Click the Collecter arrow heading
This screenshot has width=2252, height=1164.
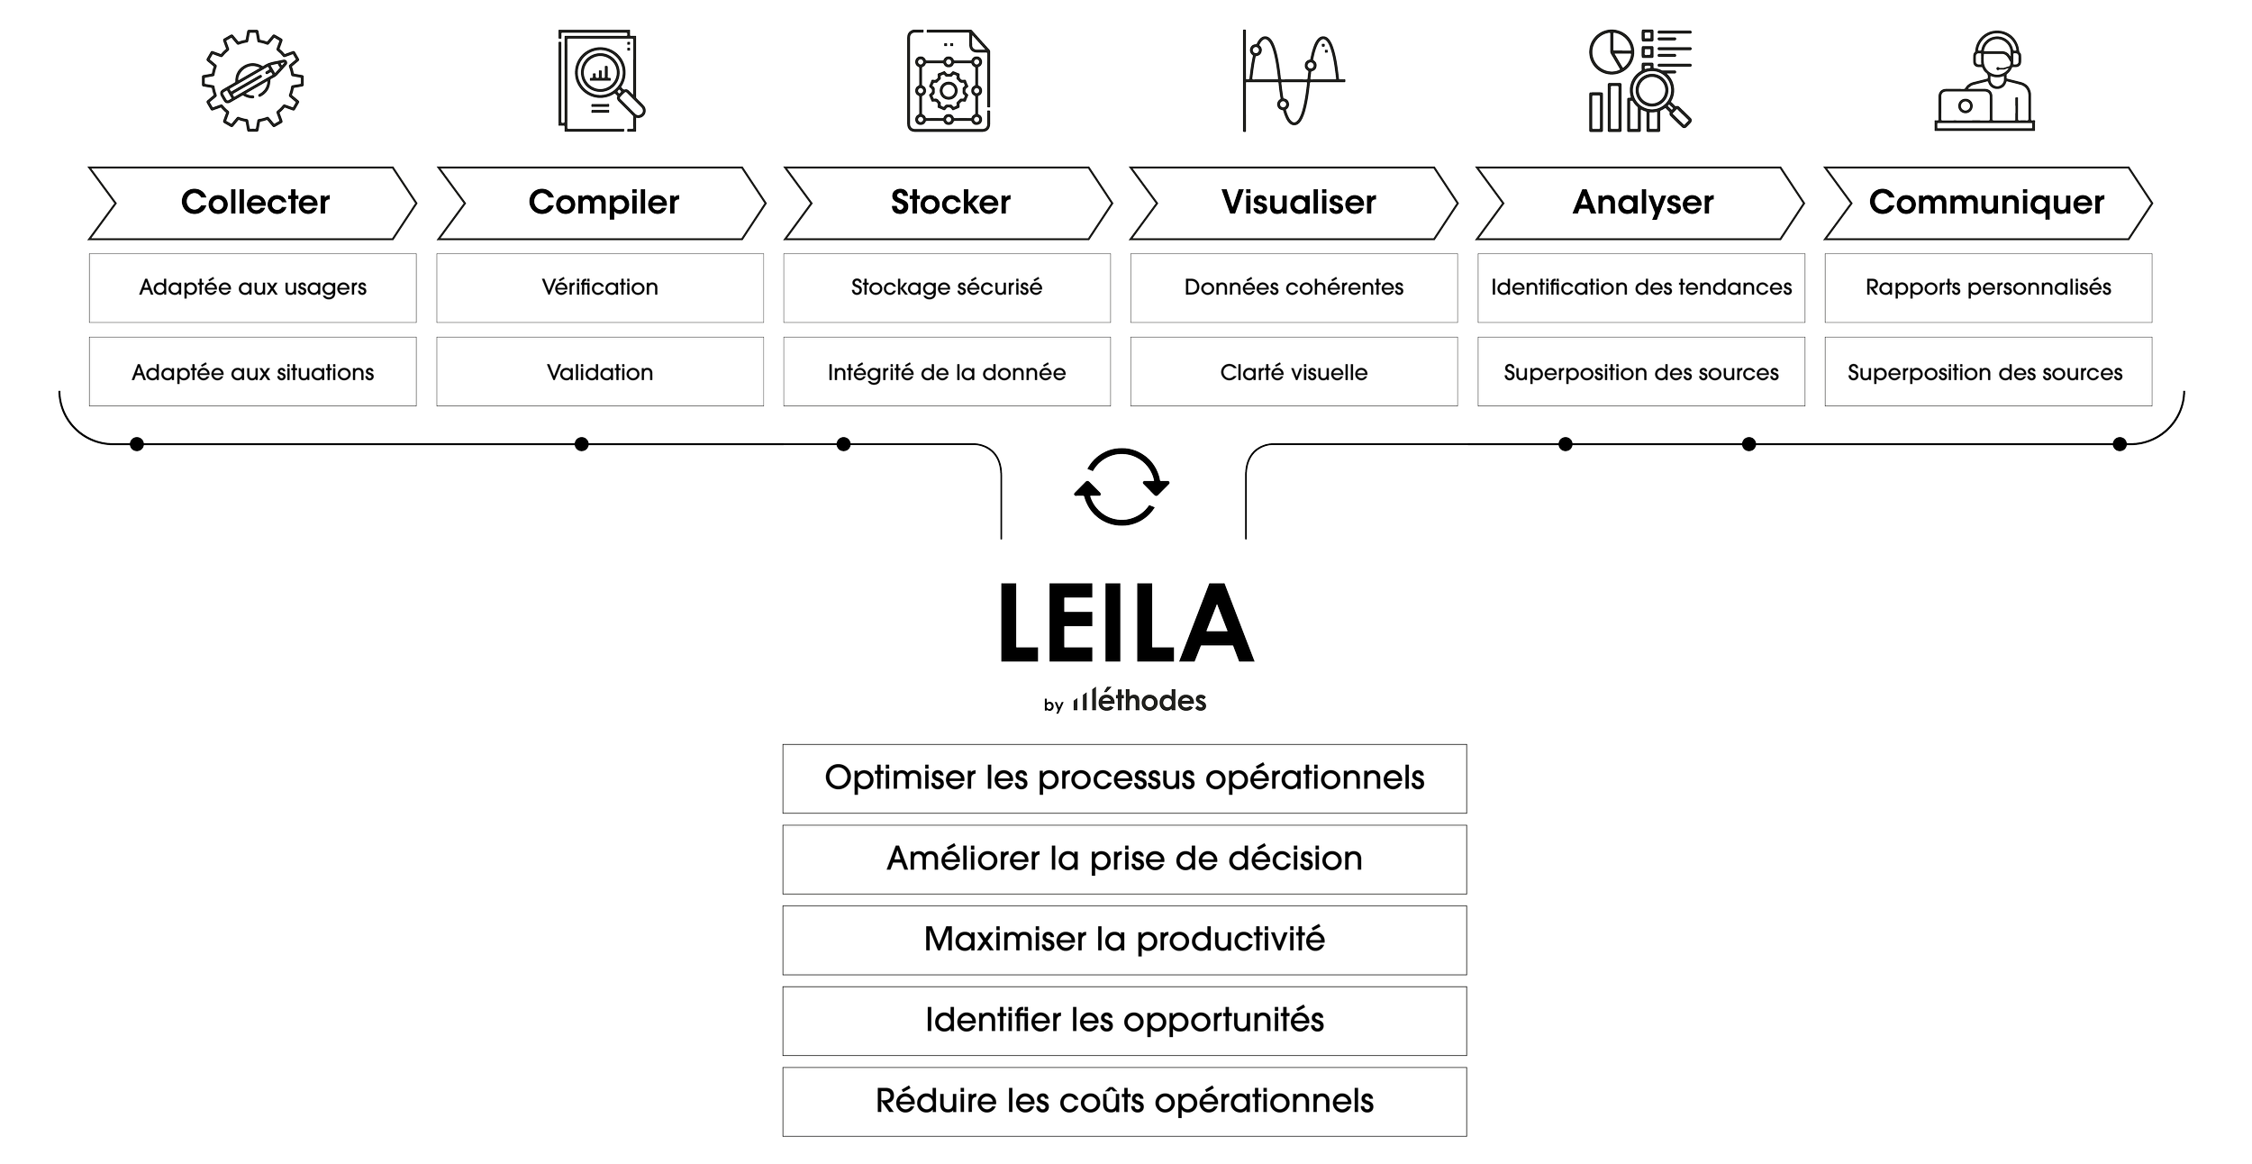click(x=254, y=202)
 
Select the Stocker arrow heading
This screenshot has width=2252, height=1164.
click(x=949, y=202)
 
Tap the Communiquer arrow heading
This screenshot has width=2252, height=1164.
click(x=1986, y=202)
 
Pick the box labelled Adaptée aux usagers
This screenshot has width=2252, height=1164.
click(x=252, y=288)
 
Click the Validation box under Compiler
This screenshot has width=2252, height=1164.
click(x=600, y=372)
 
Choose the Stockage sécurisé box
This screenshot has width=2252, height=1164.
click(x=947, y=288)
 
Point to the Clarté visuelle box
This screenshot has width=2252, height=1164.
click(x=1294, y=372)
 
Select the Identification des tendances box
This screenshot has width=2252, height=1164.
click(x=1641, y=288)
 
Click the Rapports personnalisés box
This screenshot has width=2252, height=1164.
click(x=1988, y=288)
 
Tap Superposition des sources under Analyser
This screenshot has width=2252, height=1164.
click(x=1641, y=372)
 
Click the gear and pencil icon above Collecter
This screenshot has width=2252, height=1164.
click(x=252, y=81)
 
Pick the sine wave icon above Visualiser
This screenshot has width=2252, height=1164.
click(x=1293, y=81)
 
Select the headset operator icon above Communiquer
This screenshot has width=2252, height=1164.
click(x=1984, y=81)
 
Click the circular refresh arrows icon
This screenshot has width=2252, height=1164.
click(x=1121, y=487)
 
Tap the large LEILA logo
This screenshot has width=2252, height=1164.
click(x=1126, y=622)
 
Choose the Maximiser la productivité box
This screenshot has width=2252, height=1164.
click(x=1124, y=940)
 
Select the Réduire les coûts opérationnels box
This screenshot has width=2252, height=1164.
click(x=1124, y=1101)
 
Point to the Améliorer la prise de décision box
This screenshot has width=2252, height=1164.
click(x=1124, y=859)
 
